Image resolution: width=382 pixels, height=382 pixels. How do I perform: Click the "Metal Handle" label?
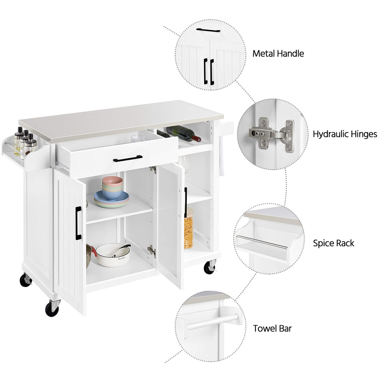278,53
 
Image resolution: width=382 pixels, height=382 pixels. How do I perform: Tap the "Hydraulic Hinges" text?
345,134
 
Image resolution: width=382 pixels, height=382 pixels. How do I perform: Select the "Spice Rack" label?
333,243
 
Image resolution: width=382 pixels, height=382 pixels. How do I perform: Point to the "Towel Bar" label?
272,329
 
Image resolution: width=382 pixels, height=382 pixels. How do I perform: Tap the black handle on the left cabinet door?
78,223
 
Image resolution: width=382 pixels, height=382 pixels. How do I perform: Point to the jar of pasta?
188,228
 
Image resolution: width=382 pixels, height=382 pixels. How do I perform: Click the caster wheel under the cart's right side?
210,267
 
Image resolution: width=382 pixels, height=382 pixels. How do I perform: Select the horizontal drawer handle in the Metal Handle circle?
208,31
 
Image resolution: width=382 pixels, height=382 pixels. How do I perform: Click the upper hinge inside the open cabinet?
153,170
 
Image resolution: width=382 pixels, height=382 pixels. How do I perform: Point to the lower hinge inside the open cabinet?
152,251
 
